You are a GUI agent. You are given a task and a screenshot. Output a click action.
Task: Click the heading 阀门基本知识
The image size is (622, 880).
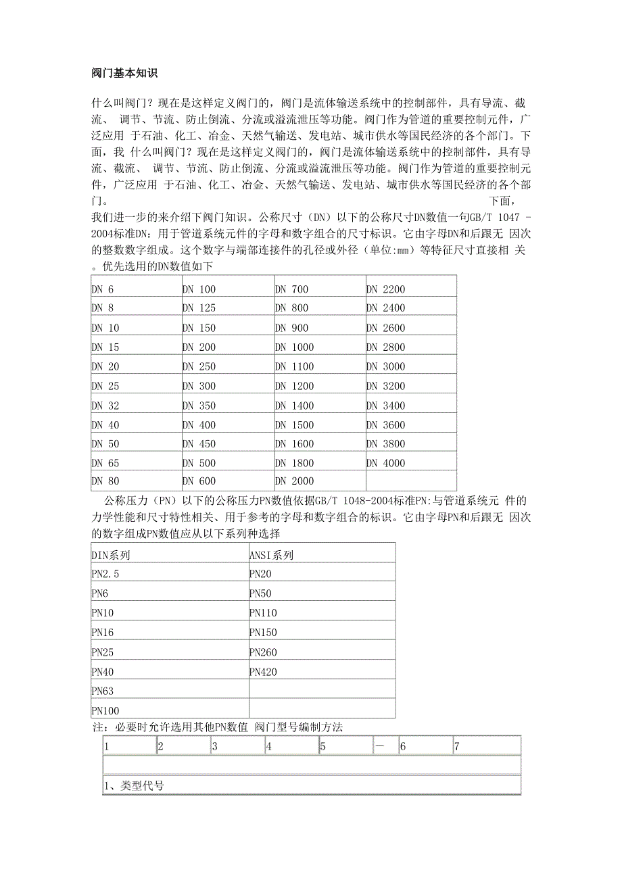(x=124, y=72)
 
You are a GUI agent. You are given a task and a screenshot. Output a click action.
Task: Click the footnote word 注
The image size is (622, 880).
(x=95, y=727)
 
